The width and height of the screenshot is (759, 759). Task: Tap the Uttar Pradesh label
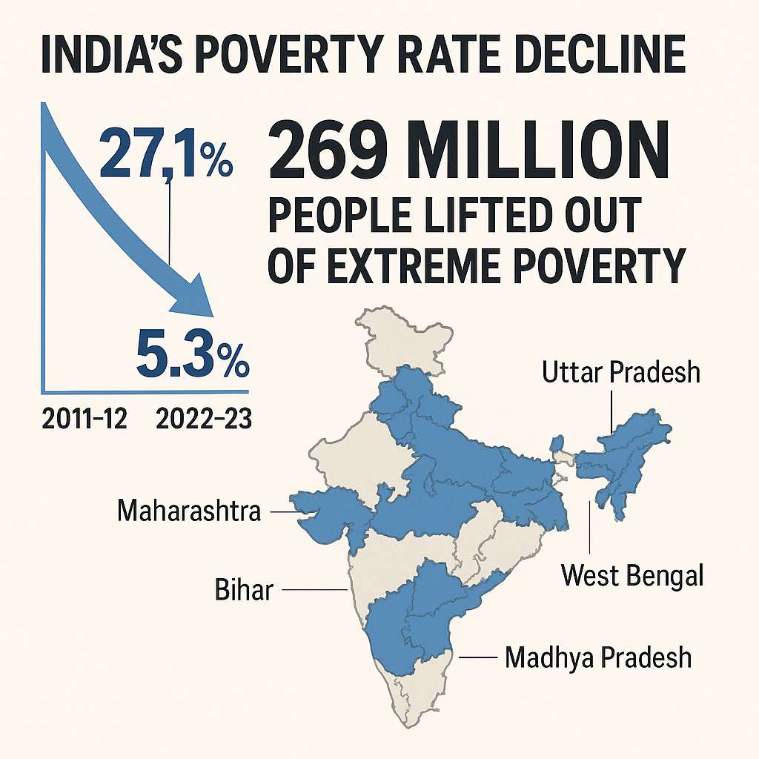[620, 372]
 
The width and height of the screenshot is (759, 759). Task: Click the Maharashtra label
[190, 511]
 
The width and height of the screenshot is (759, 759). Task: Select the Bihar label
[244, 591]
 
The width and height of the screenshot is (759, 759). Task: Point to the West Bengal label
[632, 575]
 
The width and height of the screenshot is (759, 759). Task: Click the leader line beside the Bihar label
[314, 590]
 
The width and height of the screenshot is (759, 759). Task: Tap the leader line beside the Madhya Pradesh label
[477, 657]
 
